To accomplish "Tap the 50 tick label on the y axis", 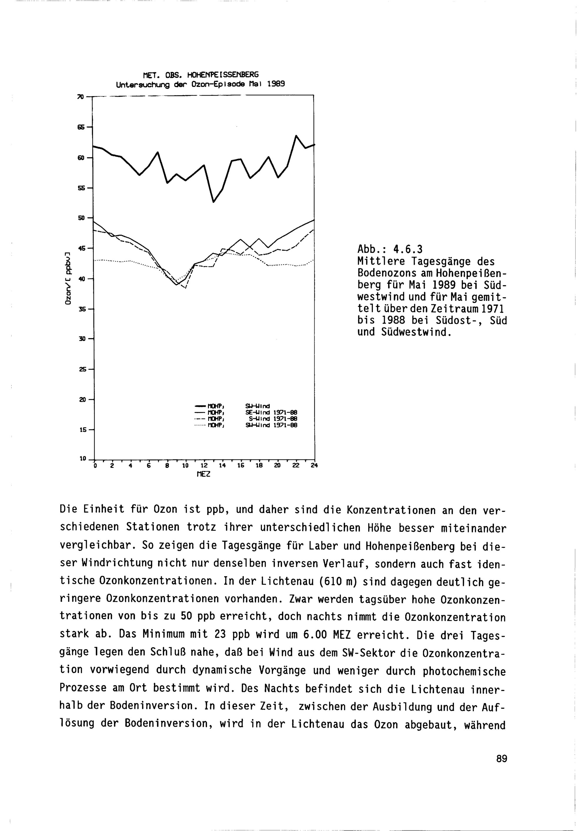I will pos(81,218).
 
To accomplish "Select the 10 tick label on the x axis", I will pos(185,465).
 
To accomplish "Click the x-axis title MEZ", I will pos(203,474).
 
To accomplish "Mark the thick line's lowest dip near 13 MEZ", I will pos(213,202).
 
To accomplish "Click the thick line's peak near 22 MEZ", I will pos(296,136).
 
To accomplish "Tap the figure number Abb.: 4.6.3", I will pos(390,249).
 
